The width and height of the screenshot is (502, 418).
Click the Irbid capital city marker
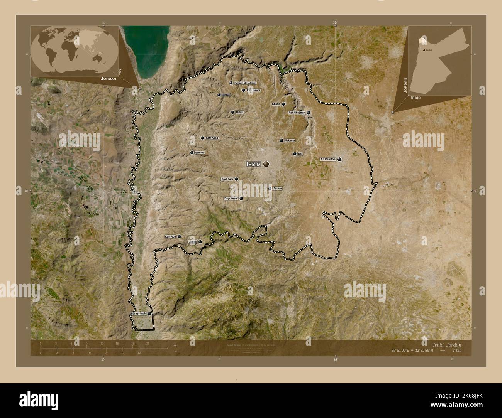tap(266, 164)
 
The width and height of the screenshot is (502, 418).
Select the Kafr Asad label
tap(212, 138)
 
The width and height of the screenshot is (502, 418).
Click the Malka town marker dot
tap(219, 95)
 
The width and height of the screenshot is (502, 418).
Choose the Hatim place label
tap(239, 112)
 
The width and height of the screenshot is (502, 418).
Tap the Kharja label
tap(276, 104)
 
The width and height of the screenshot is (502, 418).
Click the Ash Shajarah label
tap(297, 113)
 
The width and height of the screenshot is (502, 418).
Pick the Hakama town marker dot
tap(281, 140)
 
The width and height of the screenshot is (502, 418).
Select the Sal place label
tap(300, 153)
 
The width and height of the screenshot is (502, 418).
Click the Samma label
tap(200, 153)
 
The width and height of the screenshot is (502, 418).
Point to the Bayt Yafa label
tap(227, 179)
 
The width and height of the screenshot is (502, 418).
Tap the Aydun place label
tap(277, 189)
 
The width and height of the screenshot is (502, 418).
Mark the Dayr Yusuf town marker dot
tap(241, 199)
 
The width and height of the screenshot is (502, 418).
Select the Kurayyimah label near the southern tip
tap(139, 314)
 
